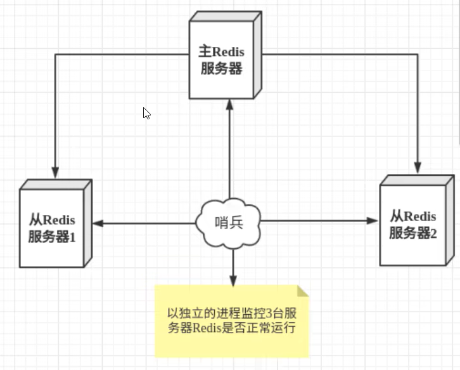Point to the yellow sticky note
[x=231, y=320]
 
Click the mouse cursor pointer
[x=146, y=113]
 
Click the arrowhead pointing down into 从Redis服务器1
[x=56, y=172]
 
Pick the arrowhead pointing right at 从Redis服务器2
[x=373, y=221]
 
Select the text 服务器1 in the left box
[x=52, y=237]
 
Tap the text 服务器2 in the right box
[x=413, y=233]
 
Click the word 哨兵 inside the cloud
[x=229, y=223]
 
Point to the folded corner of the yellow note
[x=302, y=291]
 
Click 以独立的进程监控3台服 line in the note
[x=231, y=314]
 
